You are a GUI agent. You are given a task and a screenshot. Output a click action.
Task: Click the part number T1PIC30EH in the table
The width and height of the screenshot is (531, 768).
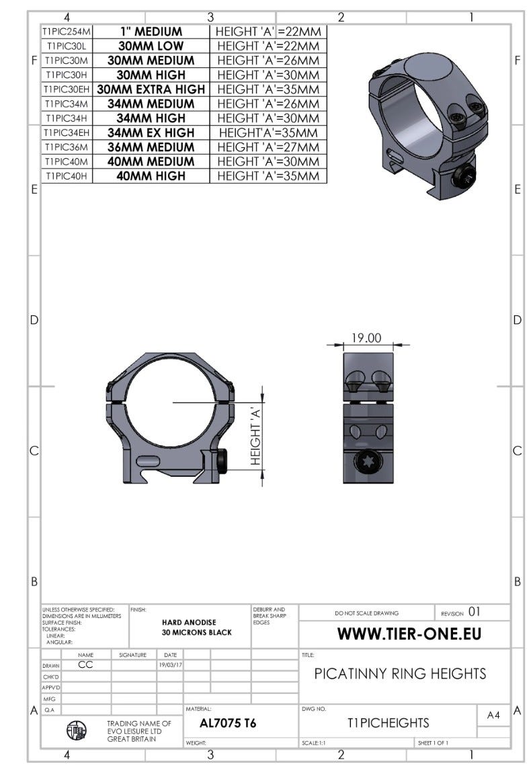click(x=67, y=89)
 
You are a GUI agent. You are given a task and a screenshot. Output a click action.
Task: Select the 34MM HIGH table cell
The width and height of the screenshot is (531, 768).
click(x=151, y=118)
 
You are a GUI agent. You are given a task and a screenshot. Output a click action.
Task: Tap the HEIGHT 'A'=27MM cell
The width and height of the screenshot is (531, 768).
click(x=268, y=147)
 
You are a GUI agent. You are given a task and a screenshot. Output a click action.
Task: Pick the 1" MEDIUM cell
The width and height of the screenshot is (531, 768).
click(x=151, y=32)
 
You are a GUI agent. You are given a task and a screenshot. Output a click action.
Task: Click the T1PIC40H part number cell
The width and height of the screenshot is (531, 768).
click(x=67, y=176)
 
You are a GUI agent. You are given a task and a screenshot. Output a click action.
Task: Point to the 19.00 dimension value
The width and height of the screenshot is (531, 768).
click(x=366, y=338)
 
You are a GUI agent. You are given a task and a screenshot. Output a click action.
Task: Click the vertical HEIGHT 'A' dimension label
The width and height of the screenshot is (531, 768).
click(x=255, y=436)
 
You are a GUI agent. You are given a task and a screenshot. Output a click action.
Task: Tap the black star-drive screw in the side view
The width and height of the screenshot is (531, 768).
click(x=368, y=463)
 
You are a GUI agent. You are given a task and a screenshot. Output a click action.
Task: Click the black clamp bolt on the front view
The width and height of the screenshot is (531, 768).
click(x=222, y=461)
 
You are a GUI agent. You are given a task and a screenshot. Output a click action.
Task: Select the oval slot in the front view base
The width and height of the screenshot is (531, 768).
click(x=147, y=461)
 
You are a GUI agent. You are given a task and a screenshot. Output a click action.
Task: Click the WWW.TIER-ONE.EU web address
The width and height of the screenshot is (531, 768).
click(x=409, y=633)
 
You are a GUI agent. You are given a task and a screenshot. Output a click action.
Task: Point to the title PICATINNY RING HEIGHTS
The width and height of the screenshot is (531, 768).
click(x=400, y=674)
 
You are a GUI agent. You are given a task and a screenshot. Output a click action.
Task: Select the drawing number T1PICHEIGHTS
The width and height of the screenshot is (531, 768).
click(x=388, y=723)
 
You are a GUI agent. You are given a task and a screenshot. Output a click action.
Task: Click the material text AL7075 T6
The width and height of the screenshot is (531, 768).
click(x=228, y=724)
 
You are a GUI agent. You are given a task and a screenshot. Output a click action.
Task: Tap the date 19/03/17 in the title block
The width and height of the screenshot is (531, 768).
click(x=170, y=665)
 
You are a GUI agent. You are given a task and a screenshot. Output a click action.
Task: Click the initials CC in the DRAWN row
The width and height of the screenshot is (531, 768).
click(x=85, y=664)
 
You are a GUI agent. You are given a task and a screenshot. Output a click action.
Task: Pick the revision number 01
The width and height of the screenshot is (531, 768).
click(x=475, y=612)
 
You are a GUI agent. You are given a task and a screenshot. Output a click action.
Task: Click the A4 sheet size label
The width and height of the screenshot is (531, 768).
click(x=493, y=715)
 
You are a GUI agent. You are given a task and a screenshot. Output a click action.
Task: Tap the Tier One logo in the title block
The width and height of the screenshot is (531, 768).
click(x=77, y=731)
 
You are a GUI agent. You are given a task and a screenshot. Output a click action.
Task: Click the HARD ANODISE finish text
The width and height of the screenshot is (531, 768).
click(x=189, y=623)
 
